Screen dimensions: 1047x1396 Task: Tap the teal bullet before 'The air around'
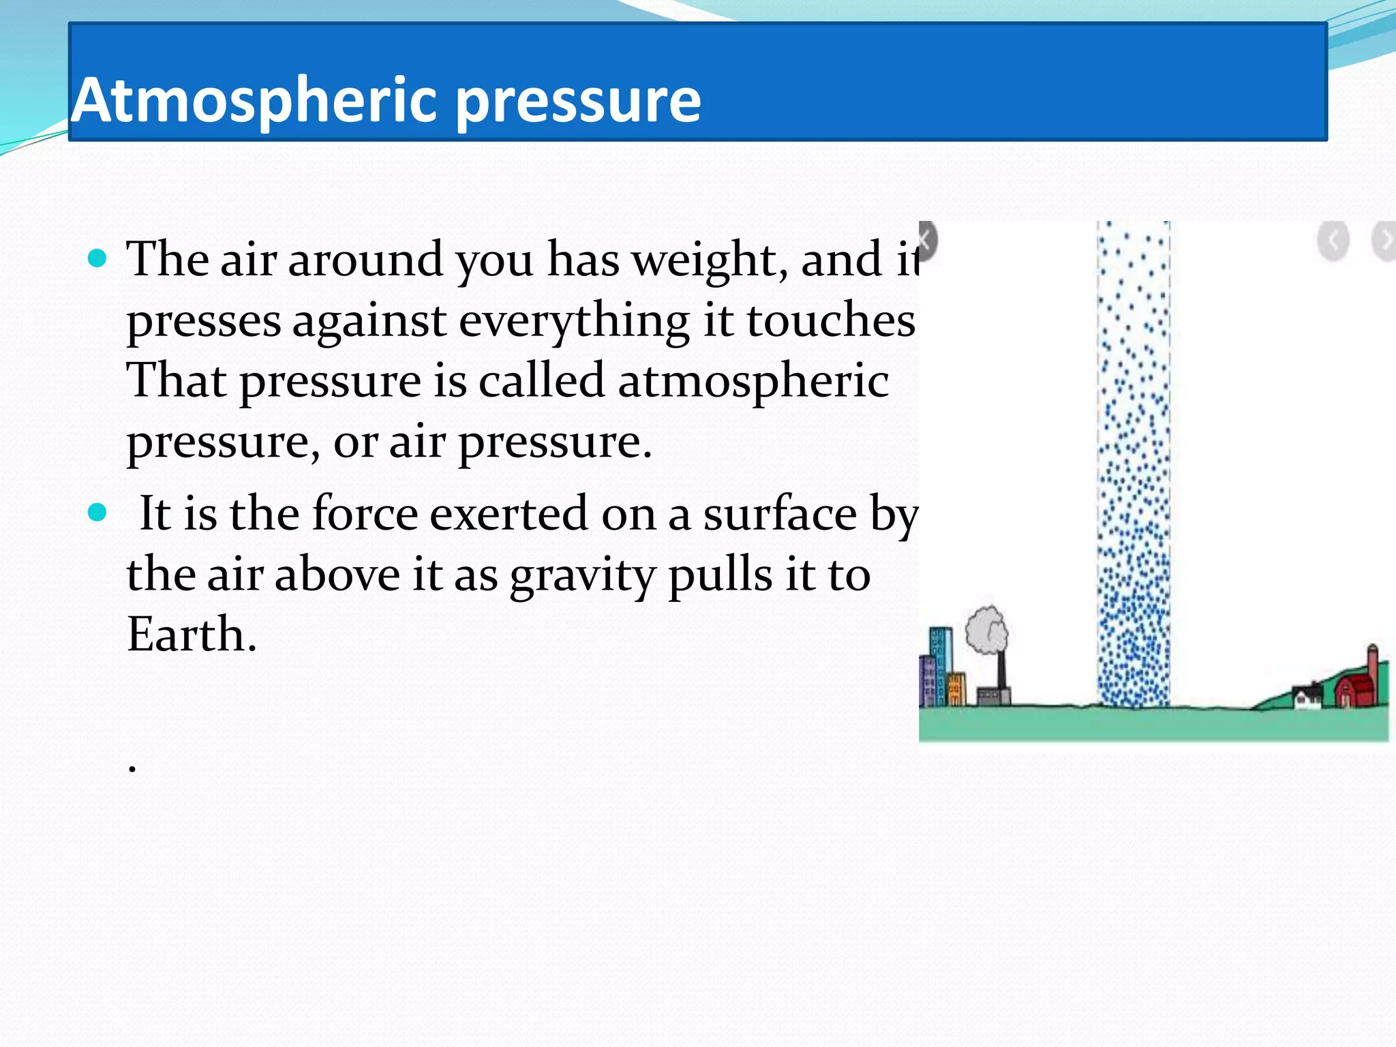point(98,258)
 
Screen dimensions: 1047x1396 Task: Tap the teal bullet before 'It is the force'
point(98,512)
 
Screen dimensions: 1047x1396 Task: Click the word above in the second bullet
point(337,575)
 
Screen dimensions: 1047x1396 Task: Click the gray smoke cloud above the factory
point(986,630)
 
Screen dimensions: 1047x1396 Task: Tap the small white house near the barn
point(1307,697)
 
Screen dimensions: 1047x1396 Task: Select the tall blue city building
point(941,665)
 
